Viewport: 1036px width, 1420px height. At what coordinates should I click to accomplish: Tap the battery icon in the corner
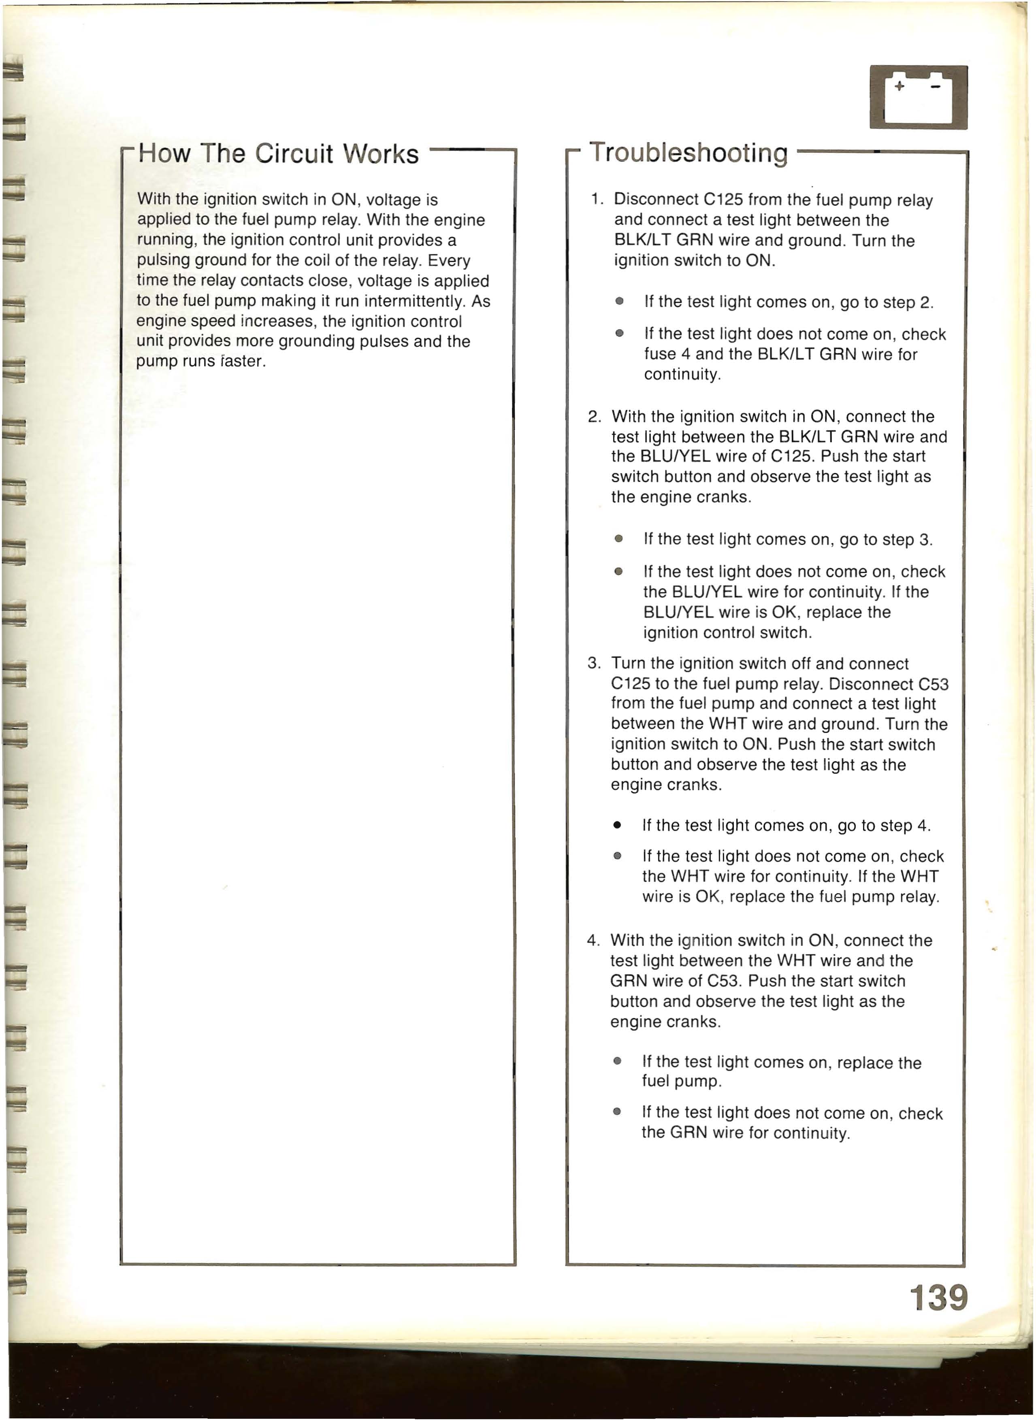coord(918,97)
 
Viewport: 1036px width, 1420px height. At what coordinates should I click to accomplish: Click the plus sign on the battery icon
coord(900,87)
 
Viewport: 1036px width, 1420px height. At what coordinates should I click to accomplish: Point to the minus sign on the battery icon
coord(936,87)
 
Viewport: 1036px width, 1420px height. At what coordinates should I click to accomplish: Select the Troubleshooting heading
coord(688,153)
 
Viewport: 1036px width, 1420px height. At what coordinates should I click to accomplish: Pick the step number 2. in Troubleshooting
coord(595,417)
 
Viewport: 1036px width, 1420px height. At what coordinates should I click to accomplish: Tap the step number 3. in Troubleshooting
coord(594,663)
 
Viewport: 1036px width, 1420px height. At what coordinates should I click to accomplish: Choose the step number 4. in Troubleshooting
coord(593,941)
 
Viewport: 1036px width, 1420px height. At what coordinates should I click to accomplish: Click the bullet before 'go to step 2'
coord(620,302)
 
